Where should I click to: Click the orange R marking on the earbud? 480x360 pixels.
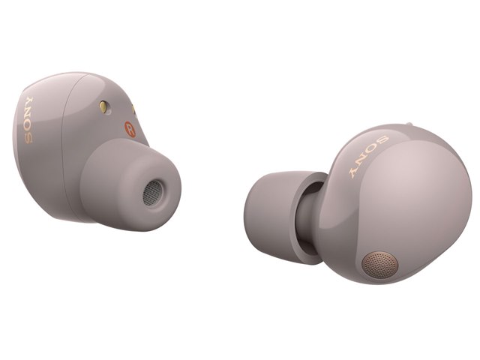(x=130, y=129)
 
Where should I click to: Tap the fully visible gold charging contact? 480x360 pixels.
(x=103, y=106)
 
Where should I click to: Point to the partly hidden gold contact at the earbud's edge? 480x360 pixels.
(x=133, y=110)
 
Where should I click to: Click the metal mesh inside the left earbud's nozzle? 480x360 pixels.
(x=152, y=193)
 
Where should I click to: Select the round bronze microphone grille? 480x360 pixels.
(x=380, y=265)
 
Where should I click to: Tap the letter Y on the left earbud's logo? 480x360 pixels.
(x=29, y=101)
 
